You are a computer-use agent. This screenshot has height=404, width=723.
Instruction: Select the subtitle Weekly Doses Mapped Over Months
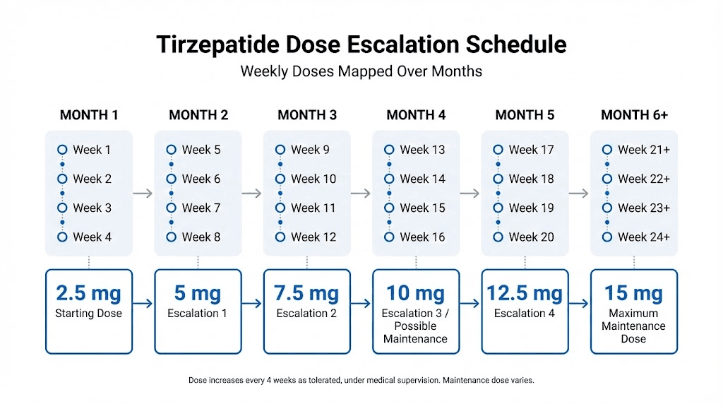(361, 71)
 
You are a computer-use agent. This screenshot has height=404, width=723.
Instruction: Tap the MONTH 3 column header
(306, 115)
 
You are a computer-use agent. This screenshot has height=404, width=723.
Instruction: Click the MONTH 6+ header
(633, 115)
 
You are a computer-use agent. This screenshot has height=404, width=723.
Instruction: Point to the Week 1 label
(92, 150)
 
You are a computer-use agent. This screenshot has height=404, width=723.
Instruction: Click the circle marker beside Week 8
(171, 237)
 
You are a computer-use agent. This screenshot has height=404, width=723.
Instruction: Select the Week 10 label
(313, 179)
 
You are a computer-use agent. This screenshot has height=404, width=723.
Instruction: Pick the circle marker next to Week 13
(389, 150)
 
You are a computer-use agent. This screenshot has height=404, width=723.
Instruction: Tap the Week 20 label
(531, 237)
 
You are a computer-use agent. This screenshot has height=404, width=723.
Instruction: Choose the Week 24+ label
(643, 237)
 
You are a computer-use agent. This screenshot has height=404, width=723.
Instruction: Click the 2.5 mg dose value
(88, 292)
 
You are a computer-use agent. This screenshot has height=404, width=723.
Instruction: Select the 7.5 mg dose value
(306, 292)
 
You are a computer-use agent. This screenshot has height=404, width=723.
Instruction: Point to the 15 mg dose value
(633, 292)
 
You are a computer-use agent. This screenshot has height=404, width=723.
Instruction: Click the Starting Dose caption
(88, 313)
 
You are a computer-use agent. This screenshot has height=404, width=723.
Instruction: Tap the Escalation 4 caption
(524, 313)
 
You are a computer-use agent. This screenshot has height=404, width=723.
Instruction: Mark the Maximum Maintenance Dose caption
(633, 326)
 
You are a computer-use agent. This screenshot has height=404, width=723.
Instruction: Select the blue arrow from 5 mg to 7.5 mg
(251, 304)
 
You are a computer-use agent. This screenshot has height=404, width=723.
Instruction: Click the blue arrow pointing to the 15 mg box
(578, 304)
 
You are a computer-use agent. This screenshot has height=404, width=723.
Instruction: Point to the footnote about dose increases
(361, 380)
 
